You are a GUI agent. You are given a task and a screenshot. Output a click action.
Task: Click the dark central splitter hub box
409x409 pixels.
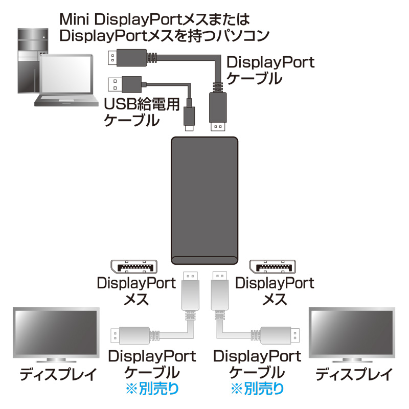pyautogui.click(x=204, y=200)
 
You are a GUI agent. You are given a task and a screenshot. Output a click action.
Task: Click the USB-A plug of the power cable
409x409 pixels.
pyautogui.click(x=125, y=84)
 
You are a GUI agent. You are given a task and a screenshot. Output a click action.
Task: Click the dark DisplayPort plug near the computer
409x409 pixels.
pyautogui.click(x=127, y=58)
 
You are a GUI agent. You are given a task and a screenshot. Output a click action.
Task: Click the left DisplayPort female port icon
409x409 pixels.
pyautogui.click(x=134, y=266)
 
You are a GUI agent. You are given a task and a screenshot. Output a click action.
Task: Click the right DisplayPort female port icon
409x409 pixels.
pyautogui.click(x=272, y=266)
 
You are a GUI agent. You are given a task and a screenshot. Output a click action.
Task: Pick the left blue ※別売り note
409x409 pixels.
pyautogui.click(x=152, y=389)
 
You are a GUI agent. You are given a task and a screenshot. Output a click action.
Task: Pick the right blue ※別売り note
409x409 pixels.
pyautogui.click(x=258, y=389)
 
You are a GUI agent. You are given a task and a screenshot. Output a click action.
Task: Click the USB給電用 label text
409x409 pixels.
pyautogui.click(x=142, y=104)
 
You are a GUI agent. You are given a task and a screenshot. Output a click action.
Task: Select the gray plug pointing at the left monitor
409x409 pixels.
pyautogui.click(x=130, y=335)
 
